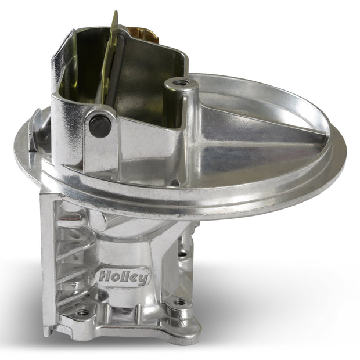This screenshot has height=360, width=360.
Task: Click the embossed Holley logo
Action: coord(124,277)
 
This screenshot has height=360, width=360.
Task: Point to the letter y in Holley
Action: coord(143,279)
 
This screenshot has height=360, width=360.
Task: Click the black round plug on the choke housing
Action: coord(100,126)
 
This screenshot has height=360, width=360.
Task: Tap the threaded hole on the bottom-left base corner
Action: coord(82,312)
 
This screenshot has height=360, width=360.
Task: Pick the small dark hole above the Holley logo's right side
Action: coord(182,254)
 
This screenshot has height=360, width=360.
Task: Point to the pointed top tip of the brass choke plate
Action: coord(116,12)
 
